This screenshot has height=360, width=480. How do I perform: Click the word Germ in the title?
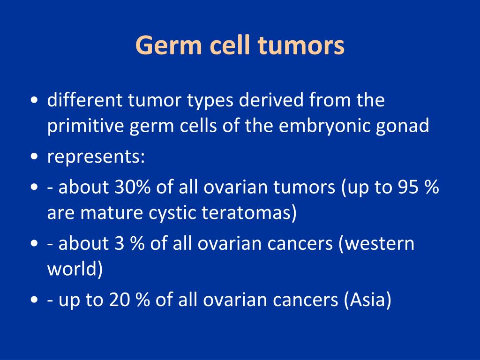pyautogui.click(x=168, y=46)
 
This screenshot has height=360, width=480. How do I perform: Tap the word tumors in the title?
pyautogui.click(x=301, y=45)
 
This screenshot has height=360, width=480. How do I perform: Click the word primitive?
pyautogui.click(x=85, y=126)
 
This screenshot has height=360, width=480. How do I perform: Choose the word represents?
pyautogui.click(x=96, y=157)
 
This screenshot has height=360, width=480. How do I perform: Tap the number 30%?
pyautogui.click(x=133, y=187)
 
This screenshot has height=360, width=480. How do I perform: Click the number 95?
pyautogui.click(x=408, y=187)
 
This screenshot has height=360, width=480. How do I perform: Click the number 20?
pyautogui.click(x=120, y=300)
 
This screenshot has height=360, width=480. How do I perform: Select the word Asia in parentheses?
pyautogui.click(x=367, y=300)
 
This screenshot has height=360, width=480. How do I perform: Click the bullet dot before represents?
pyautogui.click(x=34, y=157)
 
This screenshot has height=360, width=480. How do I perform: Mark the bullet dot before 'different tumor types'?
pyautogui.click(x=34, y=100)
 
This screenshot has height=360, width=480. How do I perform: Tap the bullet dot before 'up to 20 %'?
pyautogui.click(x=34, y=300)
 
